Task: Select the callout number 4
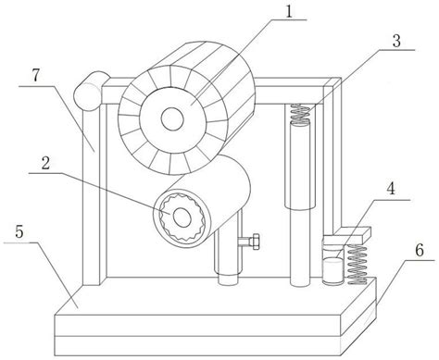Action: [x=392, y=189]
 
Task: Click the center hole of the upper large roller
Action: [x=173, y=118]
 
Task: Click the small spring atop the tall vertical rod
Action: [x=297, y=115]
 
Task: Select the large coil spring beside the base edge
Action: [x=355, y=262]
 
